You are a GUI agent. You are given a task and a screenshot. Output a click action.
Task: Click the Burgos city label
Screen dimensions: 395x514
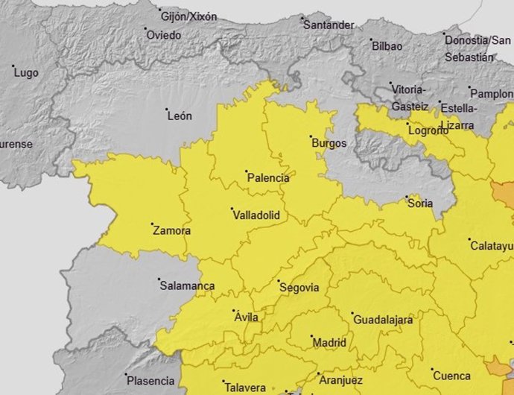tap(329, 143)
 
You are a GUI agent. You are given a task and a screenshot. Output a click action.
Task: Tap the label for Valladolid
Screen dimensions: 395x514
tap(256, 215)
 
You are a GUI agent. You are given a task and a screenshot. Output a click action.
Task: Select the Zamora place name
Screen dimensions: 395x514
tap(171, 231)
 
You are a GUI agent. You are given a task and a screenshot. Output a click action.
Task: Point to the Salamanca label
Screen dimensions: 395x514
tap(186, 286)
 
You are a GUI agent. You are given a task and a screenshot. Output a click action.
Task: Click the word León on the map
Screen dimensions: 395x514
tap(180, 116)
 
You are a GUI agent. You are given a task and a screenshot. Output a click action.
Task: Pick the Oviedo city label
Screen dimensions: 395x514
tap(163, 35)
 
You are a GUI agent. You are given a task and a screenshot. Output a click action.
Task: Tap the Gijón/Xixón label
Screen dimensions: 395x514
tap(188, 16)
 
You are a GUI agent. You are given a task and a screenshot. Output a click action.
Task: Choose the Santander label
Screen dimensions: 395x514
tap(329, 25)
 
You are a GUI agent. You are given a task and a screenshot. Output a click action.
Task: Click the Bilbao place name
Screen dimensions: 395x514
tap(387, 46)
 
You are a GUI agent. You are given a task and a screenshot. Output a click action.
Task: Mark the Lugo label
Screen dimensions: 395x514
tap(26, 73)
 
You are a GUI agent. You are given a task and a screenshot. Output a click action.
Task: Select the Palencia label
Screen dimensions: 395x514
tap(267, 178)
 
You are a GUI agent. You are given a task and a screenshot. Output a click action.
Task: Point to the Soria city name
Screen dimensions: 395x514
tap(420, 203)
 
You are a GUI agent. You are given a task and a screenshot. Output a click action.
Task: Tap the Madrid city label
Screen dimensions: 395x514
tap(329, 343)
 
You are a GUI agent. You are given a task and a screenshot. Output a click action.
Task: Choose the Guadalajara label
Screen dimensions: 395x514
tap(382, 320)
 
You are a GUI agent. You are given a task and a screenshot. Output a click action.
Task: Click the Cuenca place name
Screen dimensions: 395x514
tap(451, 376)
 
